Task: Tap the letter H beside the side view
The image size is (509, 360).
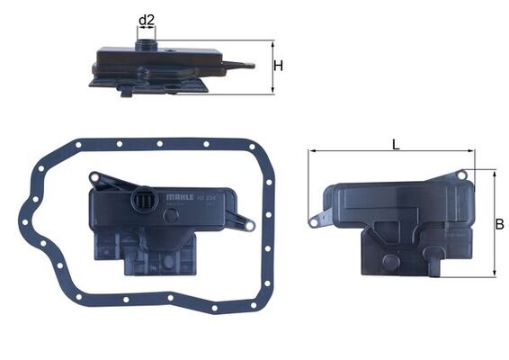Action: pos(279,66)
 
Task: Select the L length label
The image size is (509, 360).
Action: pos(396,143)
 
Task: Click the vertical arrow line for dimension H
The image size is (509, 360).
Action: pos(271,67)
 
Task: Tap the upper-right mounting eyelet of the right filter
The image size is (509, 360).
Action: pos(461,175)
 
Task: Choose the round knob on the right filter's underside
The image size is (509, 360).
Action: pos(390,262)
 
